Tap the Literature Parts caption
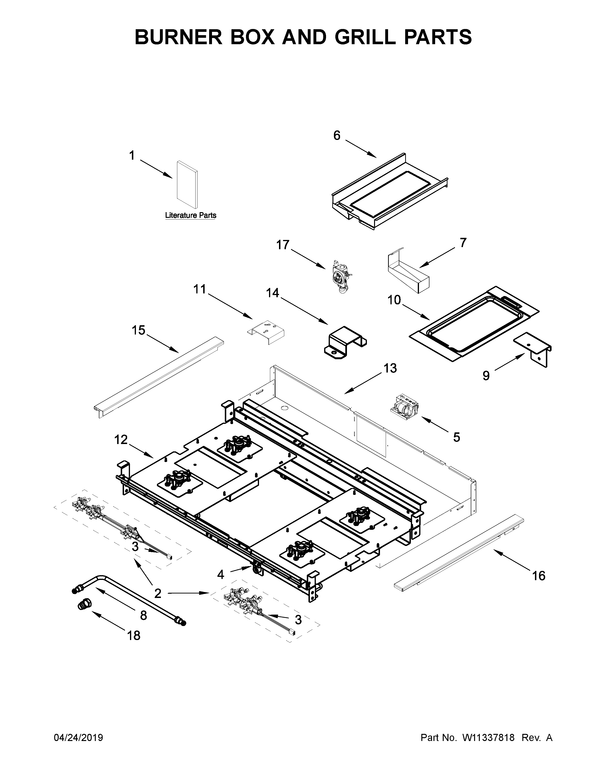(x=190, y=215)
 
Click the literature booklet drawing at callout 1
(x=187, y=185)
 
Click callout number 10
(x=394, y=300)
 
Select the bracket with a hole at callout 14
(x=345, y=342)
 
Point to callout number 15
(x=139, y=330)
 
